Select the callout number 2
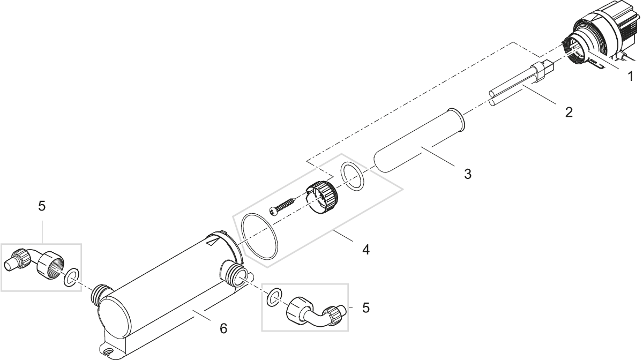tap(569, 112)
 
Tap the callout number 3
tap(468, 174)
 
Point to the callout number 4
tap(366, 249)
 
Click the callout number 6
tap(223, 328)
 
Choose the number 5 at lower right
tap(365, 307)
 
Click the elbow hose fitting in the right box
tap(314, 312)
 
